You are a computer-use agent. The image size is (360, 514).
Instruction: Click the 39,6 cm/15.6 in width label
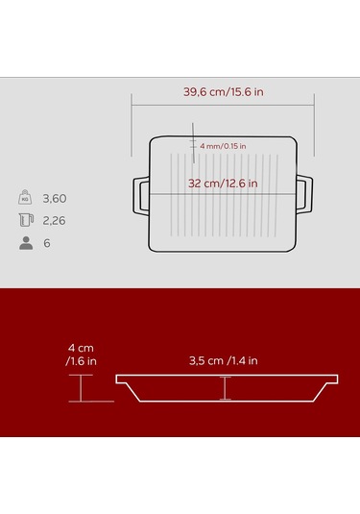[223, 92]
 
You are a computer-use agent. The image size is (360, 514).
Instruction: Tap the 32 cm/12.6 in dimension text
[223, 184]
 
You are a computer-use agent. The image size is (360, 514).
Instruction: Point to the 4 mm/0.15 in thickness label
[223, 146]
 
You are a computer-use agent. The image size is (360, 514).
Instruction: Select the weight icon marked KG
[25, 197]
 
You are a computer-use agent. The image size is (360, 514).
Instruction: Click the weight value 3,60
[55, 198]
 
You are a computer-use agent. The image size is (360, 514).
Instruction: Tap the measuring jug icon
[26, 220]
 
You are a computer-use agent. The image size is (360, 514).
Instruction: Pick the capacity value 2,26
[54, 221]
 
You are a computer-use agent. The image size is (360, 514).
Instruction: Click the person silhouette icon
[26, 243]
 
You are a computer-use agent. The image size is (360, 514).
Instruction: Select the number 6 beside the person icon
[47, 243]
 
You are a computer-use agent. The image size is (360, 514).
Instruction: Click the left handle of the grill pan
[141, 196]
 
